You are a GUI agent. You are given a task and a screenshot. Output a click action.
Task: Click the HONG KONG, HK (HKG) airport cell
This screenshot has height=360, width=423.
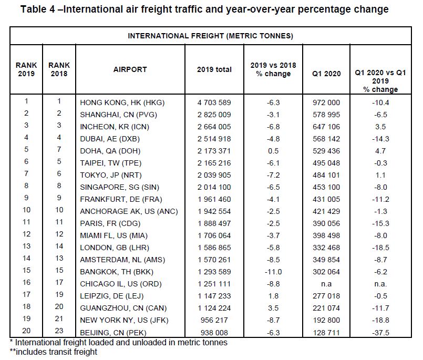click(122, 102)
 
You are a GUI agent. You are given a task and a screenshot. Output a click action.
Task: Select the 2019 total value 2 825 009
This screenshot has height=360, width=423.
click(214, 115)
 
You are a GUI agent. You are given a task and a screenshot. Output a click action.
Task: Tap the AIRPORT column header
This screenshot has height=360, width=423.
click(130, 69)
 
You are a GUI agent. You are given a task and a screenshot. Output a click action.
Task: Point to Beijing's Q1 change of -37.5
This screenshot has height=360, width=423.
click(380, 333)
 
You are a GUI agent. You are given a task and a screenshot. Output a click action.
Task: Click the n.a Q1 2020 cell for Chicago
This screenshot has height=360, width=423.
click(326, 284)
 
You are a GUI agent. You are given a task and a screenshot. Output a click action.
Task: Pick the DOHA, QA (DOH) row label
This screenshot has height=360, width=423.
click(110, 151)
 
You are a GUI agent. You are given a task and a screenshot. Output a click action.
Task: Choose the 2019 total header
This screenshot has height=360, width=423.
click(214, 69)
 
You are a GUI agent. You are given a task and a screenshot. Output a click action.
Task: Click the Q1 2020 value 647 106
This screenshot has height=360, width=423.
click(326, 127)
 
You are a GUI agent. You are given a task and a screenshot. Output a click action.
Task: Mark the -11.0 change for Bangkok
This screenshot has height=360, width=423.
click(273, 272)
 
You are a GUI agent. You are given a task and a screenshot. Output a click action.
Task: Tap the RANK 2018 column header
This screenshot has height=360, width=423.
click(59, 69)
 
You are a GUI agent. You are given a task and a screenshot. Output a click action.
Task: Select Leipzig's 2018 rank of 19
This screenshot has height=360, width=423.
click(59, 294)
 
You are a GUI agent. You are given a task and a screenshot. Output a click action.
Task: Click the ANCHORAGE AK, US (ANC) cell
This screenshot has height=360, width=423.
click(129, 211)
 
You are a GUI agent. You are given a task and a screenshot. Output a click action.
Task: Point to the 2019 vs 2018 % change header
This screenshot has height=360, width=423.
click(273, 69)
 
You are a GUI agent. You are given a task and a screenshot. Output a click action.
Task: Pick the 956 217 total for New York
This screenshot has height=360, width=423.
click(214, 320)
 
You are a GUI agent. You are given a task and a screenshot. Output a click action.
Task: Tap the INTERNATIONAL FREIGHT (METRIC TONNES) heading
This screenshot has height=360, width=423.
click(210, 36)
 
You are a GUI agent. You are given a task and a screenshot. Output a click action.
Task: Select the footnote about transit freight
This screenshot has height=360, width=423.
click(54, 352)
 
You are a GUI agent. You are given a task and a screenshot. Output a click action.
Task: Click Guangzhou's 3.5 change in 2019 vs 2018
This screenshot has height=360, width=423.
click(273, 308)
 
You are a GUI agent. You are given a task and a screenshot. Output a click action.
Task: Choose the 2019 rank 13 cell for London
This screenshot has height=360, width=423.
click(26, 246)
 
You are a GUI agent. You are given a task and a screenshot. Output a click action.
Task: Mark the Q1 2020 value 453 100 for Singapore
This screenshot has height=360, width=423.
click(326, 187)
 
